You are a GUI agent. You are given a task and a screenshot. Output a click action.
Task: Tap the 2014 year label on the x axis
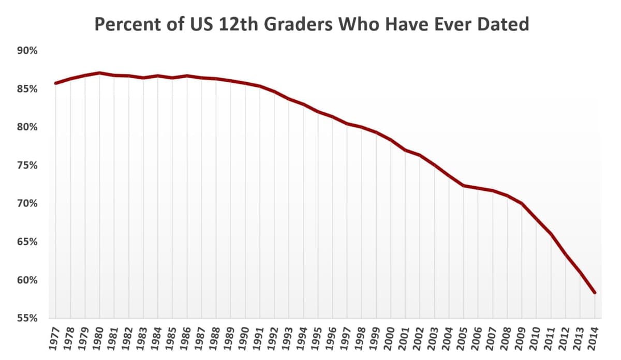point(595,339)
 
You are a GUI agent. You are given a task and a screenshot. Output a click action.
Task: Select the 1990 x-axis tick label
point(245,339)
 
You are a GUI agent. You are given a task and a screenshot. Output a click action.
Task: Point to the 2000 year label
point(391,339)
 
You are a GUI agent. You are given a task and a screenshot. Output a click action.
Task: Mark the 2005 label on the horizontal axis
point(464,339)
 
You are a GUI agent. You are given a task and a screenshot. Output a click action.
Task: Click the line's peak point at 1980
point(99,73)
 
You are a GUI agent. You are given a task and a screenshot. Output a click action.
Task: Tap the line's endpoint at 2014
point(595,293)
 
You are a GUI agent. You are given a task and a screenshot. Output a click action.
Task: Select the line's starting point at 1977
point(55,83)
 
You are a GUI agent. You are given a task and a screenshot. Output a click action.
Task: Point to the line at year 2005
point(464,186)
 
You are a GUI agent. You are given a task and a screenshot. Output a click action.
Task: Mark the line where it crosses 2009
point(522,204)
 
